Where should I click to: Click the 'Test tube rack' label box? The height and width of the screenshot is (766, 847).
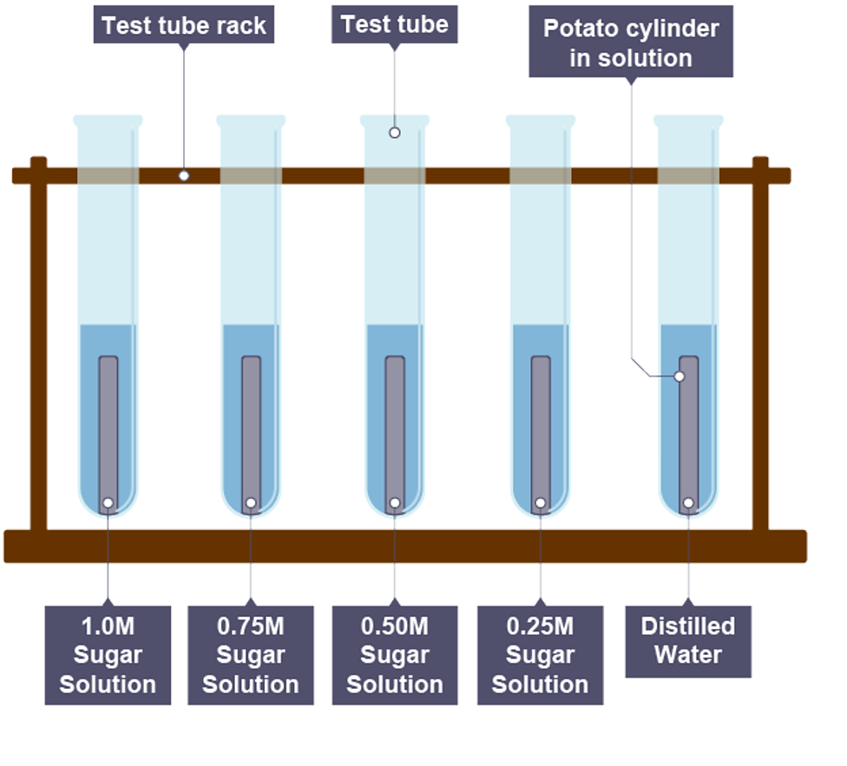(x=183, y=25)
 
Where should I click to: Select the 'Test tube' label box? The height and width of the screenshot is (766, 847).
(x=394, y=24)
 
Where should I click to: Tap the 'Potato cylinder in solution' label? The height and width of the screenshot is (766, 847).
(x=631, y=43)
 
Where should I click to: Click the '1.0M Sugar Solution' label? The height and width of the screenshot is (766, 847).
(x=108, y=655)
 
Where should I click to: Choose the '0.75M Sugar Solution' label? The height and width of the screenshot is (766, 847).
(x=251, y=655)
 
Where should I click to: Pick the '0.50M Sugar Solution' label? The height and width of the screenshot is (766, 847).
(x=395, y=655)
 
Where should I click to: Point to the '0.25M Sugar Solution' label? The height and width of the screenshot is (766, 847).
(x=540, y=655)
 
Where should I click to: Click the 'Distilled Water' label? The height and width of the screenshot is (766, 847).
(x=687, y=640)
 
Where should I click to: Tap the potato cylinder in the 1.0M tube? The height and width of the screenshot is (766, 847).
(x=108, y=425)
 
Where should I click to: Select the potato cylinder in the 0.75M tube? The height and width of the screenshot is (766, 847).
(x=251, y=425)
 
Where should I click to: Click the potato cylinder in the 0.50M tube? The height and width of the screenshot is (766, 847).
(x=395, y=425)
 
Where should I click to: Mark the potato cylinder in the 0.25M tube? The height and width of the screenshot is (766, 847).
(x=540, y=425)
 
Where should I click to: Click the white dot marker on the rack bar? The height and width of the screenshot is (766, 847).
(x=183, y=175)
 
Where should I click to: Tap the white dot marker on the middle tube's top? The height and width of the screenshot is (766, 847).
(x=394, y=133)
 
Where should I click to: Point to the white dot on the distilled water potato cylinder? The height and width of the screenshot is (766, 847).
(x=680, y=376)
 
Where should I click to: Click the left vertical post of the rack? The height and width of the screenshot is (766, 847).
(x=38, y=347)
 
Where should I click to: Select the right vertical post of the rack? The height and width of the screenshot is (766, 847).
(x=760, y=347)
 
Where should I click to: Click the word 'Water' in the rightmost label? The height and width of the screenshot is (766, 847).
(x=687, y=654)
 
